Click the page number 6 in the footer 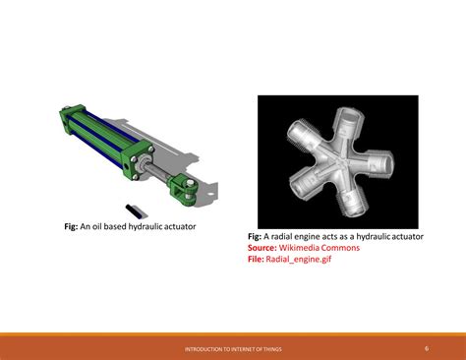(427, 347)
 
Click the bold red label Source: (262, 248)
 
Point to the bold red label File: (258, 260)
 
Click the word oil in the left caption (100, 227)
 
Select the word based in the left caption (121, 227)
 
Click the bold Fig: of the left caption (70, 227)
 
